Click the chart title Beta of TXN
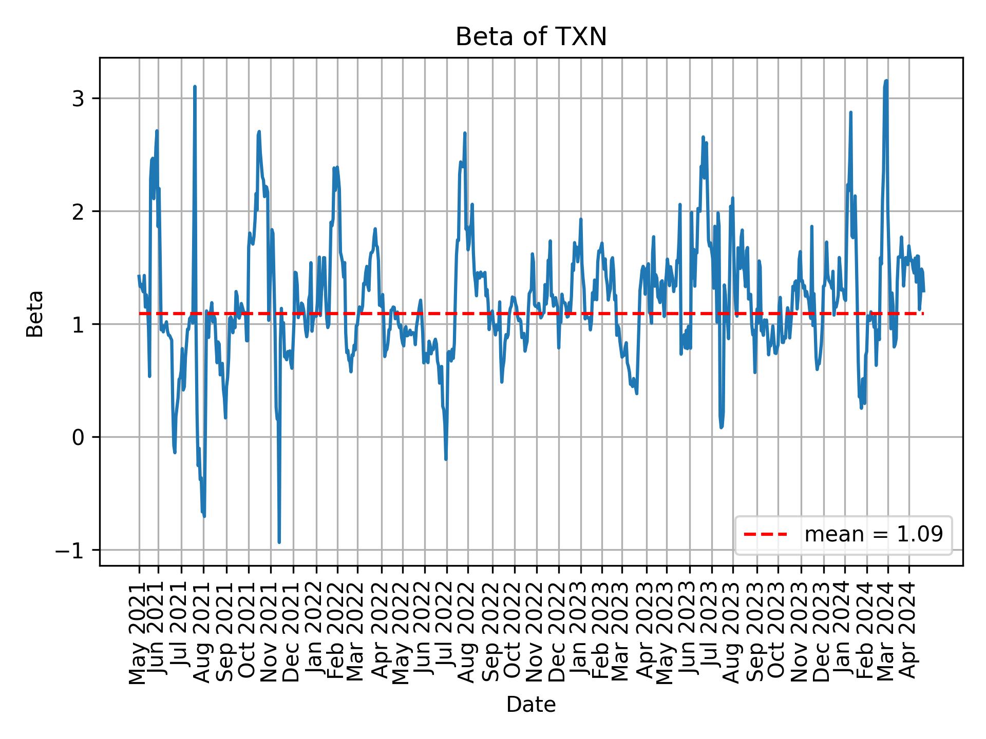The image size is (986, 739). (x=531, y=37)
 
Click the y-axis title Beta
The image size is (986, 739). (x=35, y=313)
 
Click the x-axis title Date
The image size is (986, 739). (x=531, y=705)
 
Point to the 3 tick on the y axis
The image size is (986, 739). (x=78, y=99)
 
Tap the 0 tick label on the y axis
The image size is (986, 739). (x=78, y=437)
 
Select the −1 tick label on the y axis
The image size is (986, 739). (x=72, y=550)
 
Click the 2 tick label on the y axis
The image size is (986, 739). (x=78, y=211)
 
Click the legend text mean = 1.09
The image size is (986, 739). (x=874, y=535)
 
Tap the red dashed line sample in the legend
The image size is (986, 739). (x=765, y=535)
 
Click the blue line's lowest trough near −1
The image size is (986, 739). (x=279, y=542)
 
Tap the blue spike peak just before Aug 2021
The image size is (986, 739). (x=195, y=87)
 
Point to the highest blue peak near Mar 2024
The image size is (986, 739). (x=886, y=81)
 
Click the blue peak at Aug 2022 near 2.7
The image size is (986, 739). (x=465, y=133)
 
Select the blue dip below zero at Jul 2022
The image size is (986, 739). (x=446, y=459)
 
